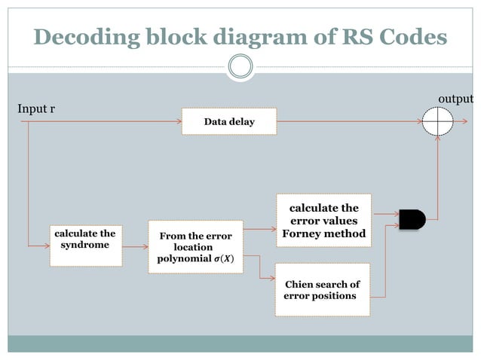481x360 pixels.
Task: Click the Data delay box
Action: click(229, 121)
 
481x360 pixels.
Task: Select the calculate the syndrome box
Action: click(85, 245)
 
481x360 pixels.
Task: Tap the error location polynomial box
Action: click(195, 246)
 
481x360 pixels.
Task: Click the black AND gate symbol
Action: click(412, 219)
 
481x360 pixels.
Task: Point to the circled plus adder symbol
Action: click(438, 121)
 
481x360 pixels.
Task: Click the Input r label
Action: click(36, 110)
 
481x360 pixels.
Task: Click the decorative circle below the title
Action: click(240, 67)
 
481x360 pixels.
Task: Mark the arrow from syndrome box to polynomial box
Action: click(135, 246)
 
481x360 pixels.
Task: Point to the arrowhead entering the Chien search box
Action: click(271, 279)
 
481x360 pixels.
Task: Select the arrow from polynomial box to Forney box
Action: click(260, 227)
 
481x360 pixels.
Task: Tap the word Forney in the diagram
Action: click(301, 233)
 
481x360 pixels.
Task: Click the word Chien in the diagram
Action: click(299, 285)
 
